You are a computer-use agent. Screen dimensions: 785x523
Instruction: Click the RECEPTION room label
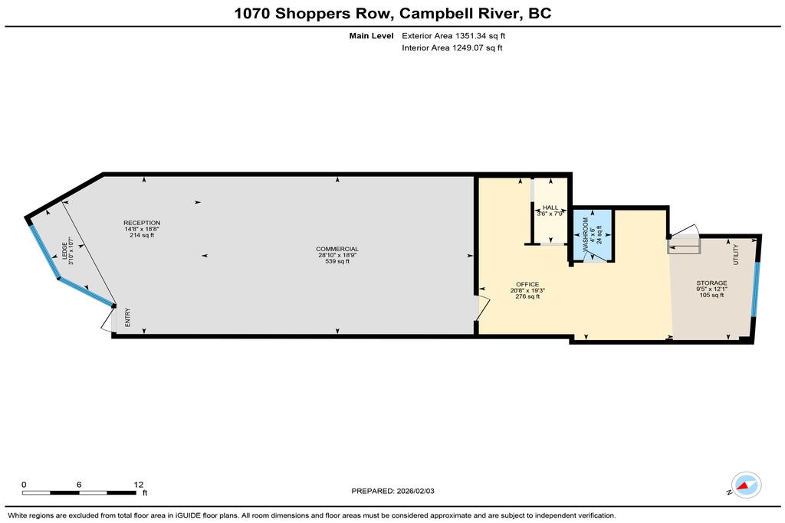(142, 223)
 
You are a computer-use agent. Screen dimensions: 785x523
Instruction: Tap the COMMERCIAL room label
(337, 249)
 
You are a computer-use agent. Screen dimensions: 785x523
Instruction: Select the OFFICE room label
(527, 285)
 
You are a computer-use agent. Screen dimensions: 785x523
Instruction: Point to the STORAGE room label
(711, 283)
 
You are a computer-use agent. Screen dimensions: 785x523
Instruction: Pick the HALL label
(550, 208)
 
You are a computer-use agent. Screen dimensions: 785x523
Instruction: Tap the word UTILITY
(735, 254)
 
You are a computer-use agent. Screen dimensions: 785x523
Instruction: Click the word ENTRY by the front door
(128, 318)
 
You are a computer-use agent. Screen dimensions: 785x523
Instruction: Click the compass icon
(746, 485)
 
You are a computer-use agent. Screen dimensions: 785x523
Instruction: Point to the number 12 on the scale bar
(139, 485)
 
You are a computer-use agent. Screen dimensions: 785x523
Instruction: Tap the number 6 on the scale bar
(79, 485)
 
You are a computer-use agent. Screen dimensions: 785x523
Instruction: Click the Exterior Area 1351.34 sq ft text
(454, 36)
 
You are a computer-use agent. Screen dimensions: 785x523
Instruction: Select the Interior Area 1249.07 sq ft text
(452, 48)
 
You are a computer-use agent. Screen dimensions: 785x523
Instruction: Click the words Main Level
(372, 36)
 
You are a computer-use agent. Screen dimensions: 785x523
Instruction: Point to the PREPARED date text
(393, 491)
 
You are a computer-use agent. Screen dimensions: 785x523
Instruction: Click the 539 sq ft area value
(337, 262)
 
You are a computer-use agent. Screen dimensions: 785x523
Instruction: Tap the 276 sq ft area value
(527, 296)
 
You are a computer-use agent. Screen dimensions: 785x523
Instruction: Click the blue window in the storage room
(756, 289)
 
